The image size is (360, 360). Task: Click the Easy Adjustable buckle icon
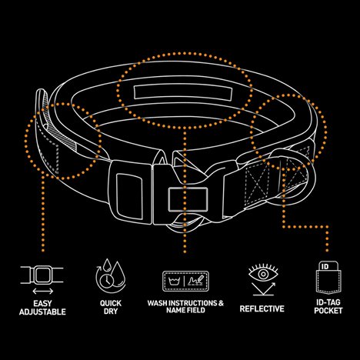[x=42, y=275]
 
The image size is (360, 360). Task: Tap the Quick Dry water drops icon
[x=111, y=276]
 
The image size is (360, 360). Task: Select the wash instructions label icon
[x=185, y=282]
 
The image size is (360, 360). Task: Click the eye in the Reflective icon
[x=263, y=274]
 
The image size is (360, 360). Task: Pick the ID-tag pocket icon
[x=328, y=278]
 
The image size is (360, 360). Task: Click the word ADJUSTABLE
[x=42, y=312]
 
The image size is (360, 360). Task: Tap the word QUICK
[x=111, y=303]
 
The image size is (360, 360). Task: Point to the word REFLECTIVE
[x=262, y=308]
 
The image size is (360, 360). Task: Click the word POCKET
[x=328, y=311]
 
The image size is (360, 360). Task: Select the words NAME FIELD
[x=185, y=310]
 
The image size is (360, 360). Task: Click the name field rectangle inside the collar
[x=183, y=93]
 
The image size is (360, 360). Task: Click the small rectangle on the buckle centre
[x=188, y=199]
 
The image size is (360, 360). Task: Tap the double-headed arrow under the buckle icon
[x=42, y=292]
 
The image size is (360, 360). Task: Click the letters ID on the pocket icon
[x=325, y=266]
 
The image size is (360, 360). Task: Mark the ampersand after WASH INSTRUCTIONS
[x=221, y=303]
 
